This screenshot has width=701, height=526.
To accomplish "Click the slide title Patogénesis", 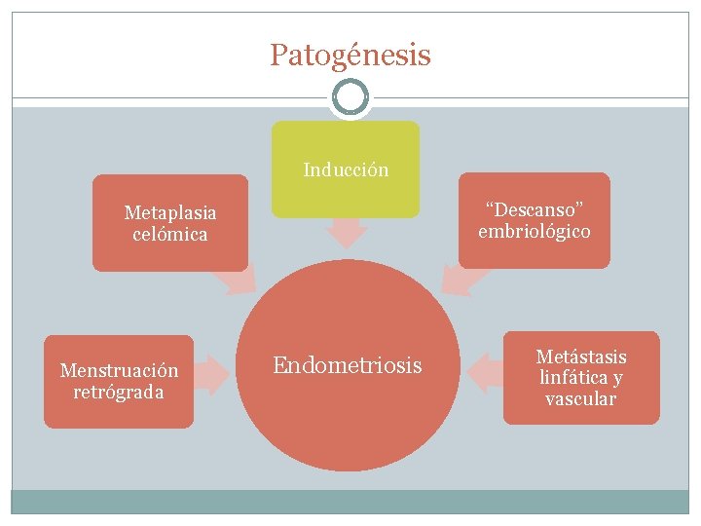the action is [350, 56].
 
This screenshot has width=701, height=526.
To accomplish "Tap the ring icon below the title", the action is [350, 97].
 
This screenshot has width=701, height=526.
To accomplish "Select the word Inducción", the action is [346, 170].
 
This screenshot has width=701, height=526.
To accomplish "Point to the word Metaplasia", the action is [170, 212].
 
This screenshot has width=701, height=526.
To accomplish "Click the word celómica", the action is [170, 234].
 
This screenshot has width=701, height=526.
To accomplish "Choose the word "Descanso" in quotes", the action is [534, 210].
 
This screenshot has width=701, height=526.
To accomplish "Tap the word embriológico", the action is [534, 232].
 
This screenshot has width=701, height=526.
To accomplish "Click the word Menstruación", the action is [119, 371].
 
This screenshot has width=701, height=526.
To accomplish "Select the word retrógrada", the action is [119, 393].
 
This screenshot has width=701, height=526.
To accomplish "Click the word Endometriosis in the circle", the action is [348, 366].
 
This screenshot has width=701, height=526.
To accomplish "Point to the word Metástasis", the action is [581, 357].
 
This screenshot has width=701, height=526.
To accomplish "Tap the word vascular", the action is [581, 399].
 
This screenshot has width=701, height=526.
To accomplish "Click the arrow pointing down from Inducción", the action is [346, 232].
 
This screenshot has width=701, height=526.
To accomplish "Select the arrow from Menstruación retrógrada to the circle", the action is [213, 373].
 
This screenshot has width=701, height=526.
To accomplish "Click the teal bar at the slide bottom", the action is [350, 502].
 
